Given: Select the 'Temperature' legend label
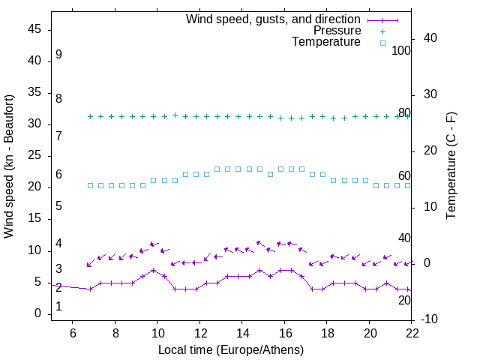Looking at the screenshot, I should click(326, 42).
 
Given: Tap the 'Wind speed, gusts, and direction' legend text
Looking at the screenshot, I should click(273, 19).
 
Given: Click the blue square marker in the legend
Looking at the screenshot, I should click(382, 43).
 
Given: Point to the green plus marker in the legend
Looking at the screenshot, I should click(382, 31).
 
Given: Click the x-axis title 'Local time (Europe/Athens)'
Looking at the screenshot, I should click(231, 350).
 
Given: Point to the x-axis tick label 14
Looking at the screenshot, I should click(242, 333).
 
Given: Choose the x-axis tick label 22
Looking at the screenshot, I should click(412, 333).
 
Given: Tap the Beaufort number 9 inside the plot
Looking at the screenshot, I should click(58, 55).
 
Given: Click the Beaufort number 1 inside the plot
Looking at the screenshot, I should click(58, 307).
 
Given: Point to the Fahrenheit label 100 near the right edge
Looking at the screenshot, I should click(401, 50).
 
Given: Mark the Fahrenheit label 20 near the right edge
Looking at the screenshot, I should click(404, 300).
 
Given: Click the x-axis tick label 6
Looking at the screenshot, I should click(73, 333).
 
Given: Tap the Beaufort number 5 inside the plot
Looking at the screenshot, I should click(58, 205).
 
